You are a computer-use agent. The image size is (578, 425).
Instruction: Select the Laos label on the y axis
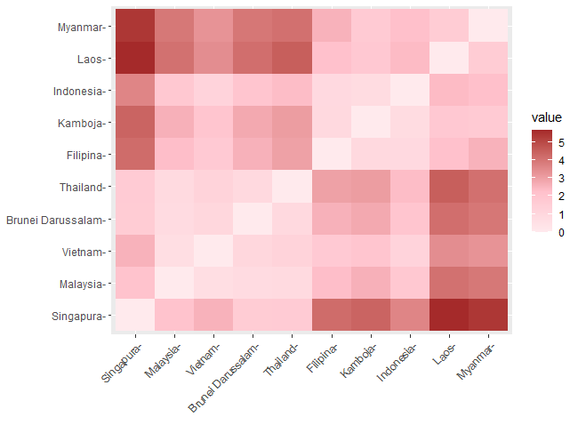tap(89, 59)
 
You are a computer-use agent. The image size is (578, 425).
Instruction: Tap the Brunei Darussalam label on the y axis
tap(57, 220)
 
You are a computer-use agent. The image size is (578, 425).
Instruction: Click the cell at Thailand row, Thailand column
tap(293, 188)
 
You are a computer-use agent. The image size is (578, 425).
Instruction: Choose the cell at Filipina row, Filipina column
tap(332, 155)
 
